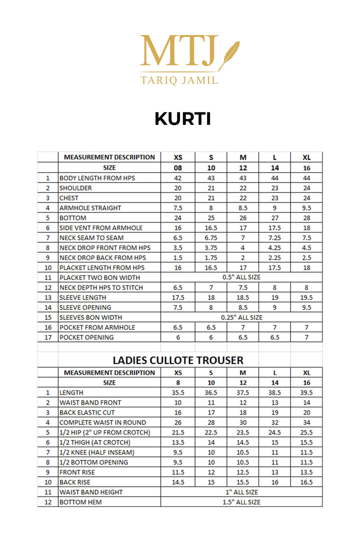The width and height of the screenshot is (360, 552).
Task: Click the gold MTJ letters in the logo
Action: (x=179, y=50)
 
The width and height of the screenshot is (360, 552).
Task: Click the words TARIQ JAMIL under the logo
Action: (x=179, y=79)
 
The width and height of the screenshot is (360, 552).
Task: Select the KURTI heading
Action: (x=182, y=119)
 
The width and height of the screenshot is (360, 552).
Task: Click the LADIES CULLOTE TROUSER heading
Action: (x=178, y=360)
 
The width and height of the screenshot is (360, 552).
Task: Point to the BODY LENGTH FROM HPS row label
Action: (x=97, y=178)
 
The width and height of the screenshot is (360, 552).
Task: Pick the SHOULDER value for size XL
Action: (x=306, y=188)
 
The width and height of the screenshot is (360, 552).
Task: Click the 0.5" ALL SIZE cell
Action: (x=241, y=277)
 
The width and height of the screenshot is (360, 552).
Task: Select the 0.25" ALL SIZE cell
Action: (x=241, y=317)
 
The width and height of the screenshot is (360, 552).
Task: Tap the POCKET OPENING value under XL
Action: (x=306, y=337)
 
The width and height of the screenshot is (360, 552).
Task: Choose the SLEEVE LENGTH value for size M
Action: (x=242, y=297)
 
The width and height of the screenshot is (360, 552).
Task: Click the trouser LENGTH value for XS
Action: (x=178, y=393)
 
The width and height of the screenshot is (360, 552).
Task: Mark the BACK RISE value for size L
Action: (x=274, y=482)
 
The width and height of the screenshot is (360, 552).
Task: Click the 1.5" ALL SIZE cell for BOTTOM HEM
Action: (x=241, y=502)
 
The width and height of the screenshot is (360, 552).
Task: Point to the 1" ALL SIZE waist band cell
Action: (x=241, y=492)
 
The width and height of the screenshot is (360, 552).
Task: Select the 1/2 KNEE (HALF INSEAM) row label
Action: (x=97, y=452)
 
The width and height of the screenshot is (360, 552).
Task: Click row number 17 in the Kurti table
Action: (x=47, y=337)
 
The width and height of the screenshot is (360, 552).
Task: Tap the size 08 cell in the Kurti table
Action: (x=178, y=168)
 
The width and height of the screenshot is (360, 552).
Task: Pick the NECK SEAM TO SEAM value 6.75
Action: (x=210, y=238)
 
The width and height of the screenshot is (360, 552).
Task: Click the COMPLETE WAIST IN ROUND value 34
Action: (x=306, y=422)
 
